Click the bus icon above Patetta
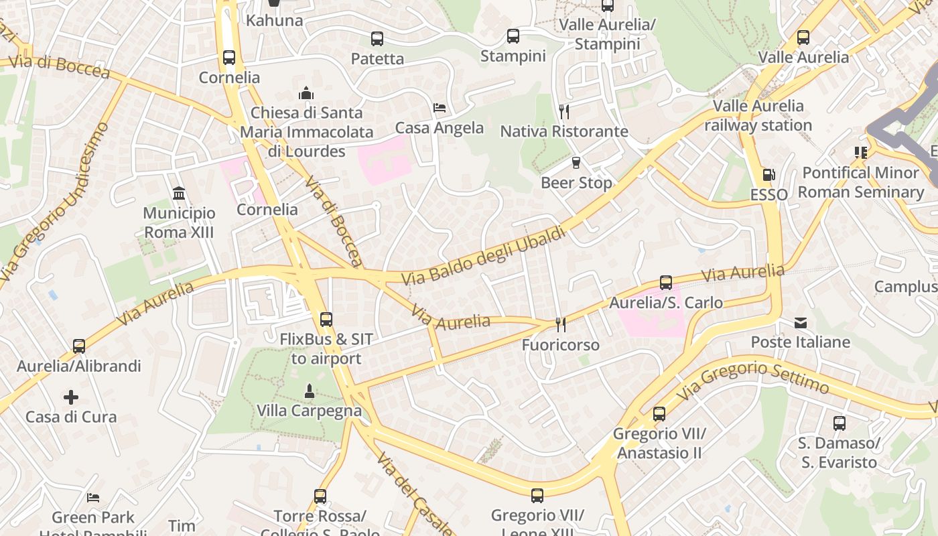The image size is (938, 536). click(x=377, y=39)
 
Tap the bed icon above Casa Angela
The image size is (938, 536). click(x=440, y=107)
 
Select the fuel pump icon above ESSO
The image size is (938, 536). click(x=768, y=175)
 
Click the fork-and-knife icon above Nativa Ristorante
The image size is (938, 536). click(x=564, y=111)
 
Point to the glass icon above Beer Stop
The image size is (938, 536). click(x=576, y=163)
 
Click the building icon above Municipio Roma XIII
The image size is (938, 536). click(x=179, y=194)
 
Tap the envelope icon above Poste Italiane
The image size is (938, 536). click(x=801, y=323)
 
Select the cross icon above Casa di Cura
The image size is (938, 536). click(x=71, y=397)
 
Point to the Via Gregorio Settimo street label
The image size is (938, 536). click(x=753, y=379)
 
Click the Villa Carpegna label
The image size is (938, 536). click(x=309, y=410)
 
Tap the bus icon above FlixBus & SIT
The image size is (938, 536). click(x=326, y=320)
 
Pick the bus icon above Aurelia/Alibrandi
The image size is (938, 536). click(x=79, y=346)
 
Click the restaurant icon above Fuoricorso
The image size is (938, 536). click(x=561, y=325)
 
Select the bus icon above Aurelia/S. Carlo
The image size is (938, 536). click(x=665, y=283)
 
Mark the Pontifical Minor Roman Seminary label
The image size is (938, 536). click(x=860, y=182)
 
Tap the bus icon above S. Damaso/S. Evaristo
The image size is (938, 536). click(x=839, y=423)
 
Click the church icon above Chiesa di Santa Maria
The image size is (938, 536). click(x=306, y=92)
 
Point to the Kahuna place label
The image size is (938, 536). click(x=274, y=20)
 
